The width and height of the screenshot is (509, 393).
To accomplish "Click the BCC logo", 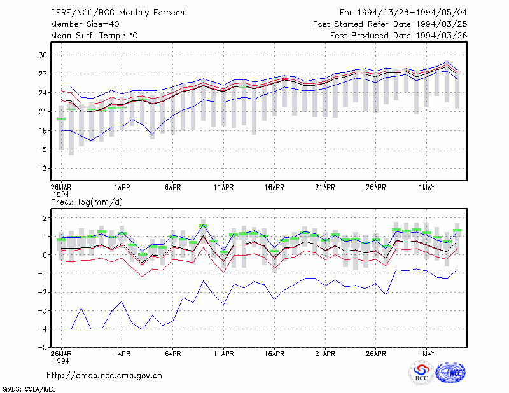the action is point(421,373).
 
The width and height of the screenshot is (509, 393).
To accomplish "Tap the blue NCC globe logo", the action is point(450,373).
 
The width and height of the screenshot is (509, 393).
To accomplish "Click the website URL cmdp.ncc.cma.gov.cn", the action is point(104,376).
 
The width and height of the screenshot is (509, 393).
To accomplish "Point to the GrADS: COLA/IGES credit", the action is point(29,389).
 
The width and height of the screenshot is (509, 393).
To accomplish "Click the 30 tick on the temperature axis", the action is point(43,55).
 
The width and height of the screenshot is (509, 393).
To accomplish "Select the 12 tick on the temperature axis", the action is point(43,168).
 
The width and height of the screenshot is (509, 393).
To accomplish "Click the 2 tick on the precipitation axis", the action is point(45,217).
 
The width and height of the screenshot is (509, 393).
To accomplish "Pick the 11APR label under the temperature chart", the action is point(224,188).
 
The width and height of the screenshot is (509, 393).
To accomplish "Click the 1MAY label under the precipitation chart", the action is point(426,354).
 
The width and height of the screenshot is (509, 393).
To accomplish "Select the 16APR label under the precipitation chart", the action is point(274,354).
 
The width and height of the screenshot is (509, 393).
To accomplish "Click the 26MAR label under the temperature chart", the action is point(61,188).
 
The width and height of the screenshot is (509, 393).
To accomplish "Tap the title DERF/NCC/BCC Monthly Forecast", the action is point(119,13).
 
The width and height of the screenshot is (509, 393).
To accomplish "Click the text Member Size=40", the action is point(85,24).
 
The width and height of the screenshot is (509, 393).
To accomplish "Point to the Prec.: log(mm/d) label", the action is point(87,202).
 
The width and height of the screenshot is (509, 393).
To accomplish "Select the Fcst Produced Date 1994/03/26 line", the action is point(398,36).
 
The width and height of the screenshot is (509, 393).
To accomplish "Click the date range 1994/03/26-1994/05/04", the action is point(412,13).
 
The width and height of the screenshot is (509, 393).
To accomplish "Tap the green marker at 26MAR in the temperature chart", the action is point(61,119).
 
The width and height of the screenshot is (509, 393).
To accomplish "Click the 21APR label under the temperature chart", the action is point(325,188).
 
